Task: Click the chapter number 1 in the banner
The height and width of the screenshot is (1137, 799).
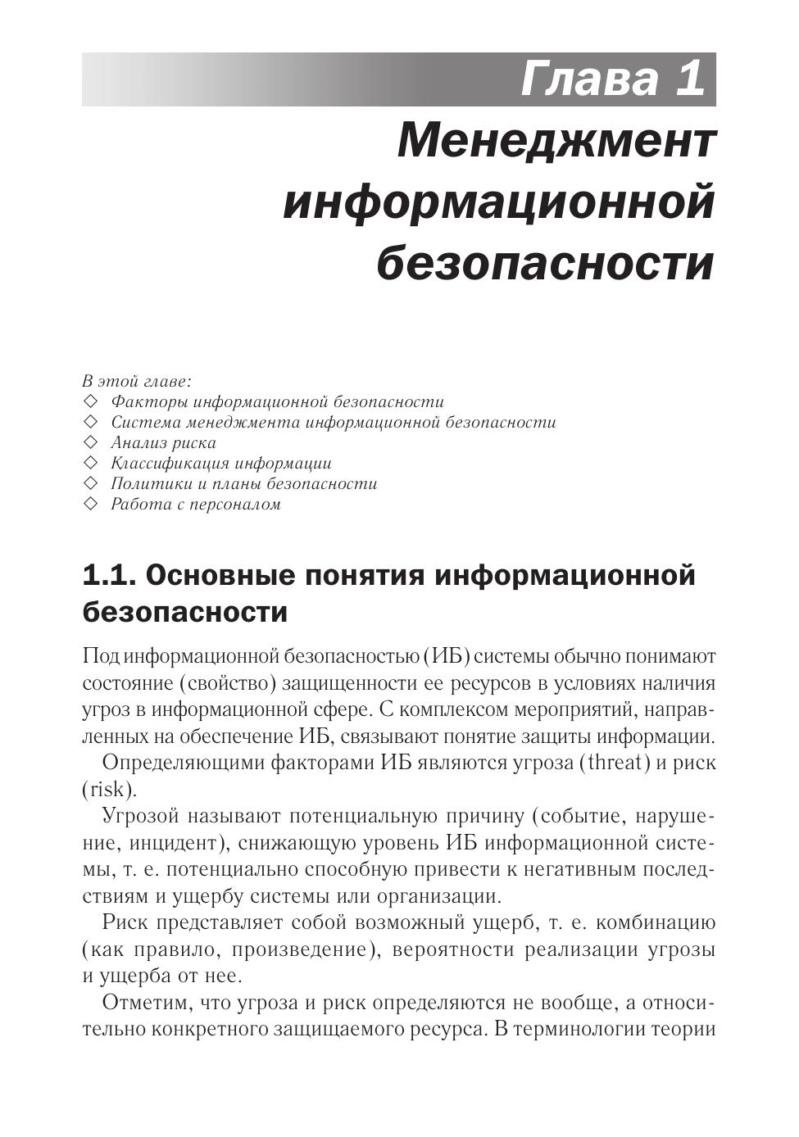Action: tap(690, 79)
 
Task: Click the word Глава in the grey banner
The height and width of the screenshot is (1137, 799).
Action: tap(589, 79)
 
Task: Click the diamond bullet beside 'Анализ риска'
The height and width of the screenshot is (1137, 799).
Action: tap(90, 442)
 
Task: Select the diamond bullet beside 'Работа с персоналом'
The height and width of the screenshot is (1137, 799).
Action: tap(90, 504)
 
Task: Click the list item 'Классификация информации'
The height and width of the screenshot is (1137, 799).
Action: tap(221, 463)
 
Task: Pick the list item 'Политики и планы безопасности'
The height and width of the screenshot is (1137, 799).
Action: tap(244, 483)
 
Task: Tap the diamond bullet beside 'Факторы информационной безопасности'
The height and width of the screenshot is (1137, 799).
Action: tap(90, 401)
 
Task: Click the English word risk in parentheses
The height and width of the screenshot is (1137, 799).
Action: tap(107, 790)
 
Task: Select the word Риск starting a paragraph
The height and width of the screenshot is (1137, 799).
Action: tap(125, 923)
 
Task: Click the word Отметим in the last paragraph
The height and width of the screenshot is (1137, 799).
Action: tap(143, 1003)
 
